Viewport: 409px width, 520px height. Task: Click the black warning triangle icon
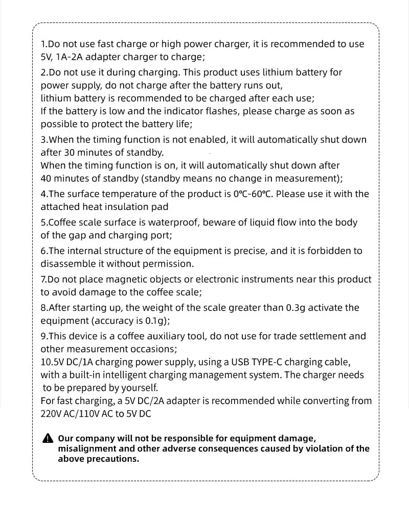coord(48,438)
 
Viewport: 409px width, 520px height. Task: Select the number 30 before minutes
coord(70,153)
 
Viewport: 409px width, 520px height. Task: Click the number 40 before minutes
coord(47,179)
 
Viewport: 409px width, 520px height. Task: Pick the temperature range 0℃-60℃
coord(253,194)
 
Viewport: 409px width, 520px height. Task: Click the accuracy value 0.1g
coord(155,321)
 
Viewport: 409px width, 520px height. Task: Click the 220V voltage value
coord(50,414)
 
